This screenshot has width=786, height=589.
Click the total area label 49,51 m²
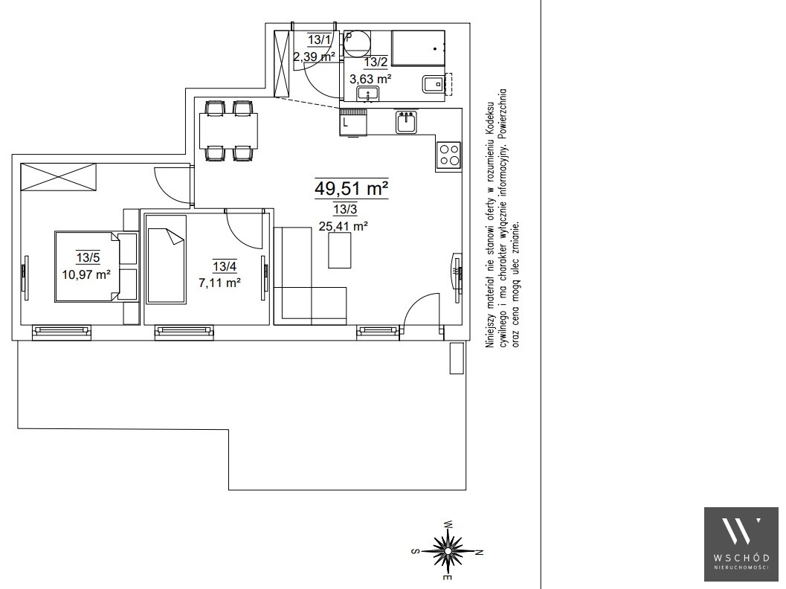coord(352,188)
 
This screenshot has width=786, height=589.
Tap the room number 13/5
coord(88,257)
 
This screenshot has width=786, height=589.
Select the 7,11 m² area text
coord(219,283)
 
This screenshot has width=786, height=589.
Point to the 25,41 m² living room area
coord(344,226)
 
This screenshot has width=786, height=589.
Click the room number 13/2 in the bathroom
coord(376,62)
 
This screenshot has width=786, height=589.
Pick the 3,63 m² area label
coord(370,79)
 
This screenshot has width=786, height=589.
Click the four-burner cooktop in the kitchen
coord(448,155)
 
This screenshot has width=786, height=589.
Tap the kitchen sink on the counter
coord(407,122)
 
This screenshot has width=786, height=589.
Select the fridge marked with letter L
coord(353,121)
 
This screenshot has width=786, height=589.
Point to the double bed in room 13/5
coord(87,266)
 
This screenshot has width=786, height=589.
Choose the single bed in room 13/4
coord(165,259)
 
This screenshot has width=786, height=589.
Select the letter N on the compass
coord(479,553)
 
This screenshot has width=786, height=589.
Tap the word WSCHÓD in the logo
coord(741,558)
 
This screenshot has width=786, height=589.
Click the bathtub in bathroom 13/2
coord(418,48)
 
